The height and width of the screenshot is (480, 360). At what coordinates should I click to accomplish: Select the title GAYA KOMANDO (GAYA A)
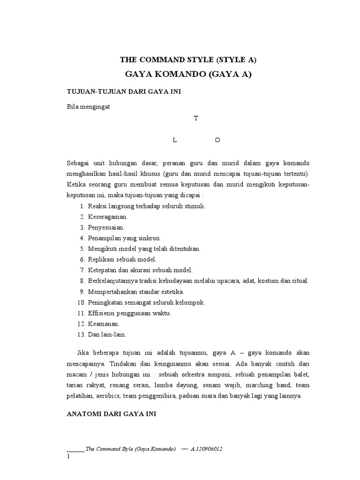(188, 75)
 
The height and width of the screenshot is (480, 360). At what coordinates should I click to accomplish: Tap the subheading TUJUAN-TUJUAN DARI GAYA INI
(124, 92)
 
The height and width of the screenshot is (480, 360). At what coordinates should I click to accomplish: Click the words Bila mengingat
(88, 106)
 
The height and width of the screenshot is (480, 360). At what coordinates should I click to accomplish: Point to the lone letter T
(196, 119)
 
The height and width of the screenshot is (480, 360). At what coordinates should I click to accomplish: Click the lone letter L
(174, 140)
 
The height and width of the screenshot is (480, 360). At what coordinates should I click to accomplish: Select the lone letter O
(217, 140)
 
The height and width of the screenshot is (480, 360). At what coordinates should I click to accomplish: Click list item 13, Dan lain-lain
(107, 335)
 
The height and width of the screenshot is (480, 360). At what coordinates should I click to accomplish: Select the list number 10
(80, 302)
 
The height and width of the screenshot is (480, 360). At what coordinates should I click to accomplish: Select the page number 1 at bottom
(68, 457)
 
